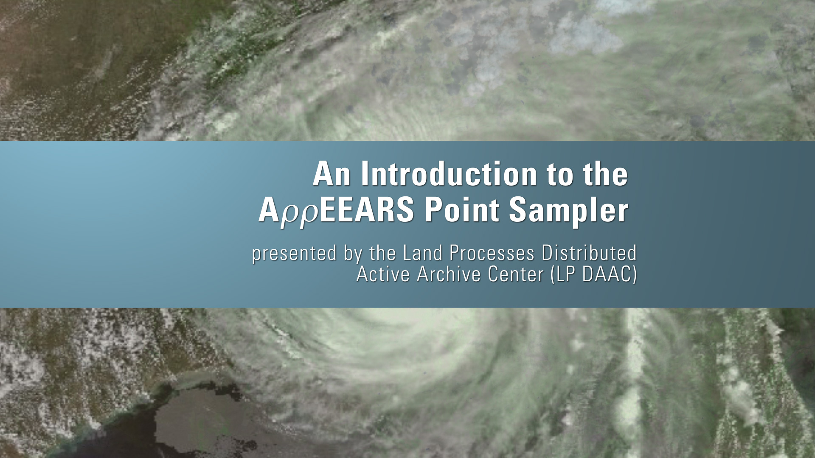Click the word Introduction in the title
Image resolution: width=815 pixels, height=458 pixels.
pos(449,174)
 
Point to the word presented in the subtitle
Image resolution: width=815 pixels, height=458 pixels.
pos(288,254)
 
